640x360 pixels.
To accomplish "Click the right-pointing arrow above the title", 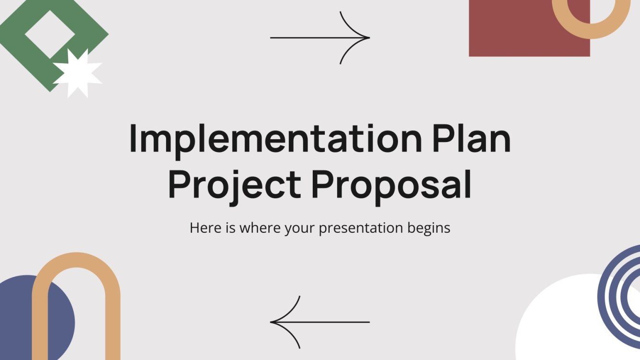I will coord(320,37).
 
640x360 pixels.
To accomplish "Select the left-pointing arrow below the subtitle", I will coord(320,322).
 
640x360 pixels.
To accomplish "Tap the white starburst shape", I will coord(77,73).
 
